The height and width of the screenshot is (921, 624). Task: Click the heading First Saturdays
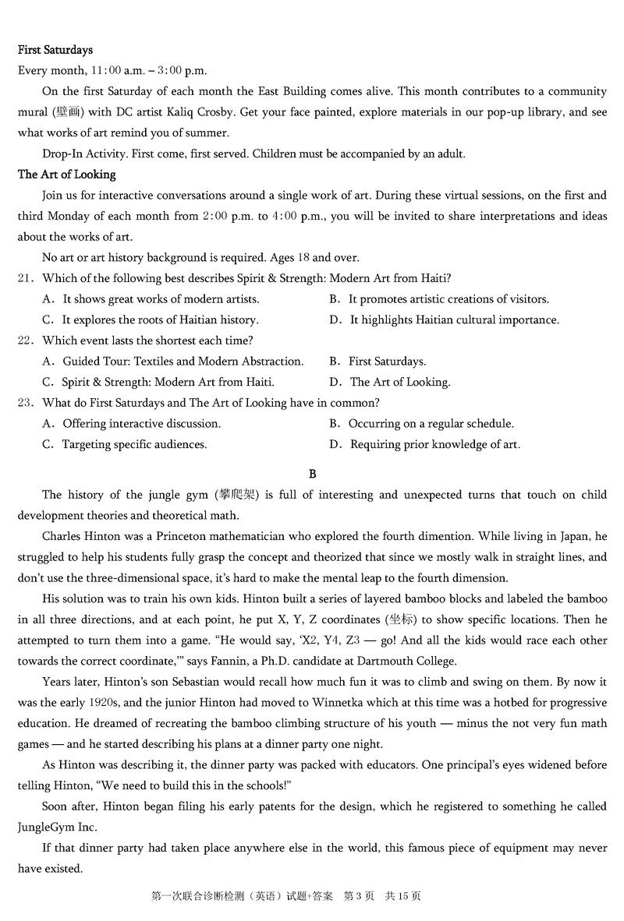click(x=55, y=50)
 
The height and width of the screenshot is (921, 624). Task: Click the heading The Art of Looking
click(x=66, y=175)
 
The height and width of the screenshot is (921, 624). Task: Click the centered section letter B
click(x=312, y=474)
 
